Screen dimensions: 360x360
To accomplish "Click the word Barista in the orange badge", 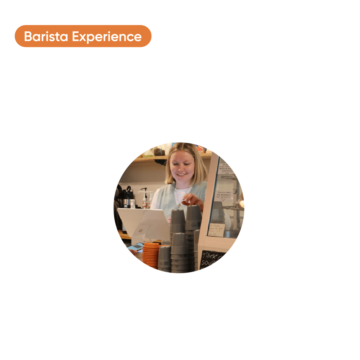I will pyautogui.click(x=46, y=36).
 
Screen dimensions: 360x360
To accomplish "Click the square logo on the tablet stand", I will pyautogui.click(x=140, y=230).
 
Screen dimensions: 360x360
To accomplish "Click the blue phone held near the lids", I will pyautogui.click(x=136, y=247).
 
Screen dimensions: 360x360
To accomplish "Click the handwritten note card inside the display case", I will pyautogui.click(x=216, y=230).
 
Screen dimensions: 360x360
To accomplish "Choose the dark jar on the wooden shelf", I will pyautogui.click(x=160, y=152).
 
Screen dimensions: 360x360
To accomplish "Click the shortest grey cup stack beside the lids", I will pyautogui.click(x=164, y=258).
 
